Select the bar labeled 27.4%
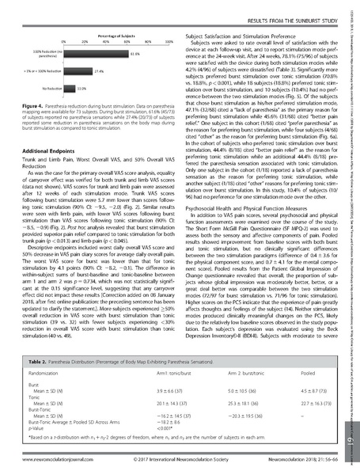[x=78, y=71]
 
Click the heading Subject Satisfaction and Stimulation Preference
[x=247, y=36]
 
